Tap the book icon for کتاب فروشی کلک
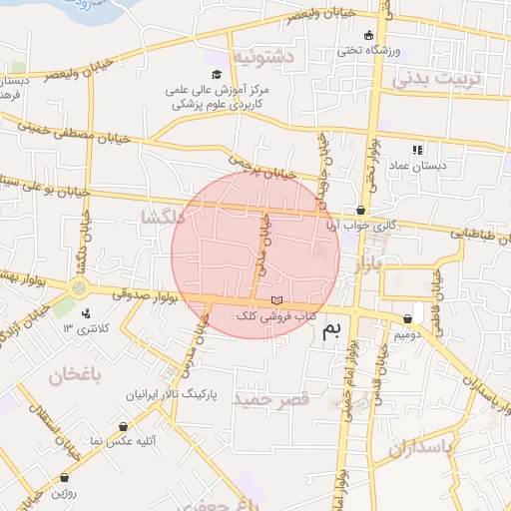[x=276, y=300]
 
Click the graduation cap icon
[x=217, y=75]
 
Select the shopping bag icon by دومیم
[x=409, y=319]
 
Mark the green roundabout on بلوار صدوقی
[x=79, y=288]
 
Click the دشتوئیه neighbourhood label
[x=262, y=59]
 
